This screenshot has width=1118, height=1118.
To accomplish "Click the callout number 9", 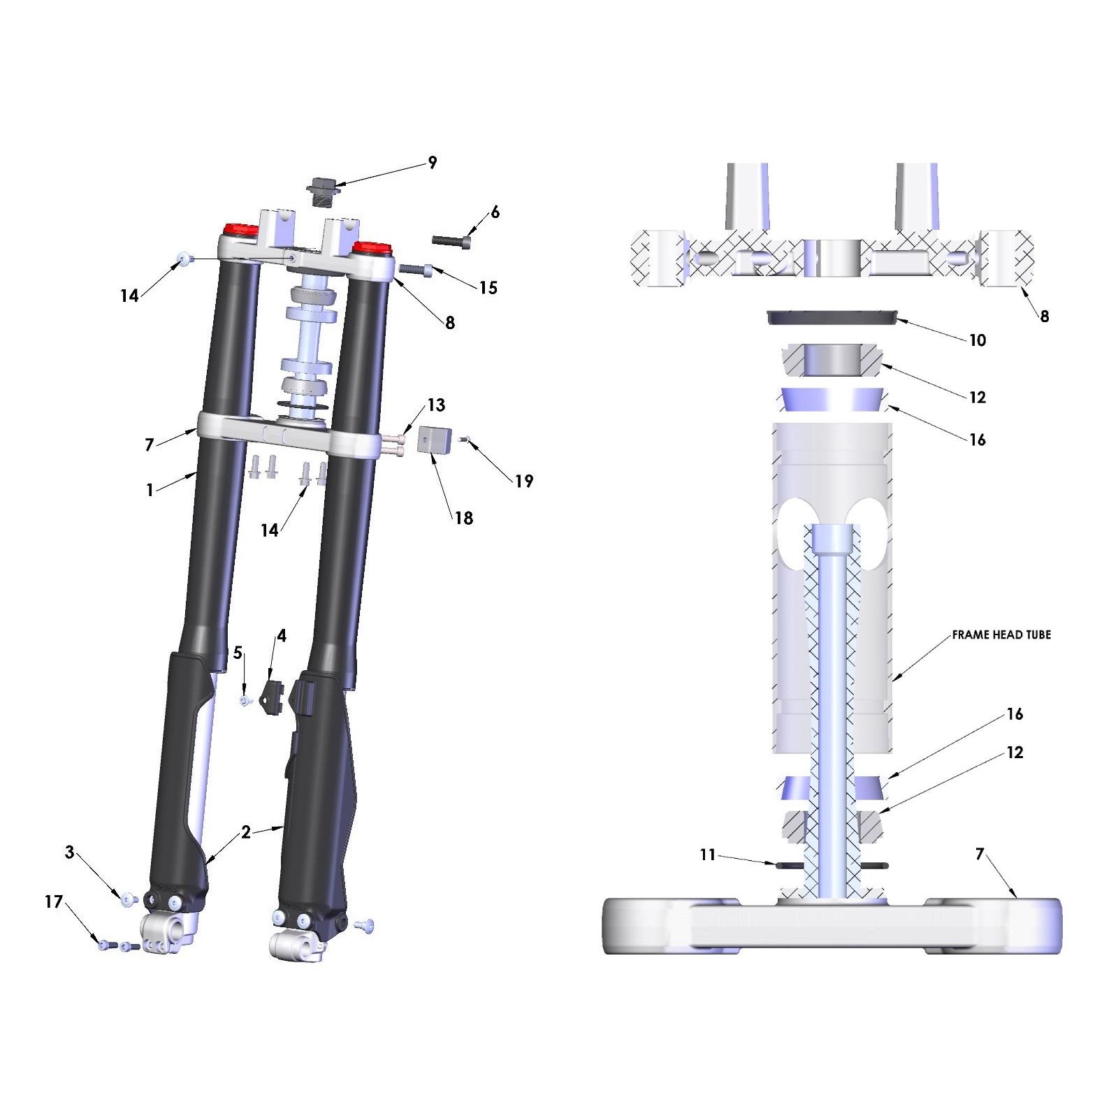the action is coord(433,163).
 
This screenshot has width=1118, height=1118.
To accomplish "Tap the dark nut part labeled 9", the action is coord(323,190).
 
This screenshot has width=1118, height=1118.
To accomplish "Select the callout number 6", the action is coord(495,212).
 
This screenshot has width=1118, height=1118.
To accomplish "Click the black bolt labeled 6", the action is coord(451,241).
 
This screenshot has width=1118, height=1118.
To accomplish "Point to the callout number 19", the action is coord(524,481).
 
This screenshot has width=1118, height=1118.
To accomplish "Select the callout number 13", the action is coord(436,405).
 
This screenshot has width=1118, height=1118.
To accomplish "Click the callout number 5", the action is coord(238,653).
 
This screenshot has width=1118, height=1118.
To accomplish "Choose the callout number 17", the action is coord(54,902).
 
